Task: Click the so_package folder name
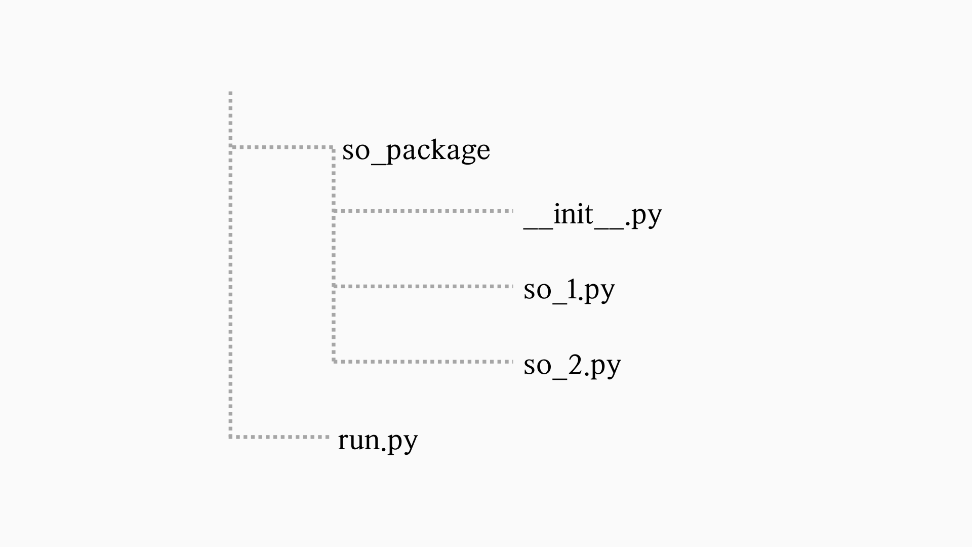[x=416, y=150]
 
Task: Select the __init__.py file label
[x=592, y=215]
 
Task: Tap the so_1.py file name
[x=569, y=290]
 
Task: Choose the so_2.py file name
[x=572, y=365]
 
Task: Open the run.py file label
[x=378, y=440]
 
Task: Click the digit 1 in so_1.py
[x=572, y=289]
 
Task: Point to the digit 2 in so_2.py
[x=576, y=364]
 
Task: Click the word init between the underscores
[x=573, y=214]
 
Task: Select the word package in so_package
[x=438, y=151]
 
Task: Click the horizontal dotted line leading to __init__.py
[x=423, y=211]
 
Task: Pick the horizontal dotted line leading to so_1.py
[x=423, y=286]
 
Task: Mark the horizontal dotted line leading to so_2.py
[x=423, y=362]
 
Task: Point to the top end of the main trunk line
[x=230, y=93]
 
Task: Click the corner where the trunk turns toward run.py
[x=230, y=437]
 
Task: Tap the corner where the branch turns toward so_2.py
[x=334, y=362]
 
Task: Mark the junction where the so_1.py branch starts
[x=334, y=286]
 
